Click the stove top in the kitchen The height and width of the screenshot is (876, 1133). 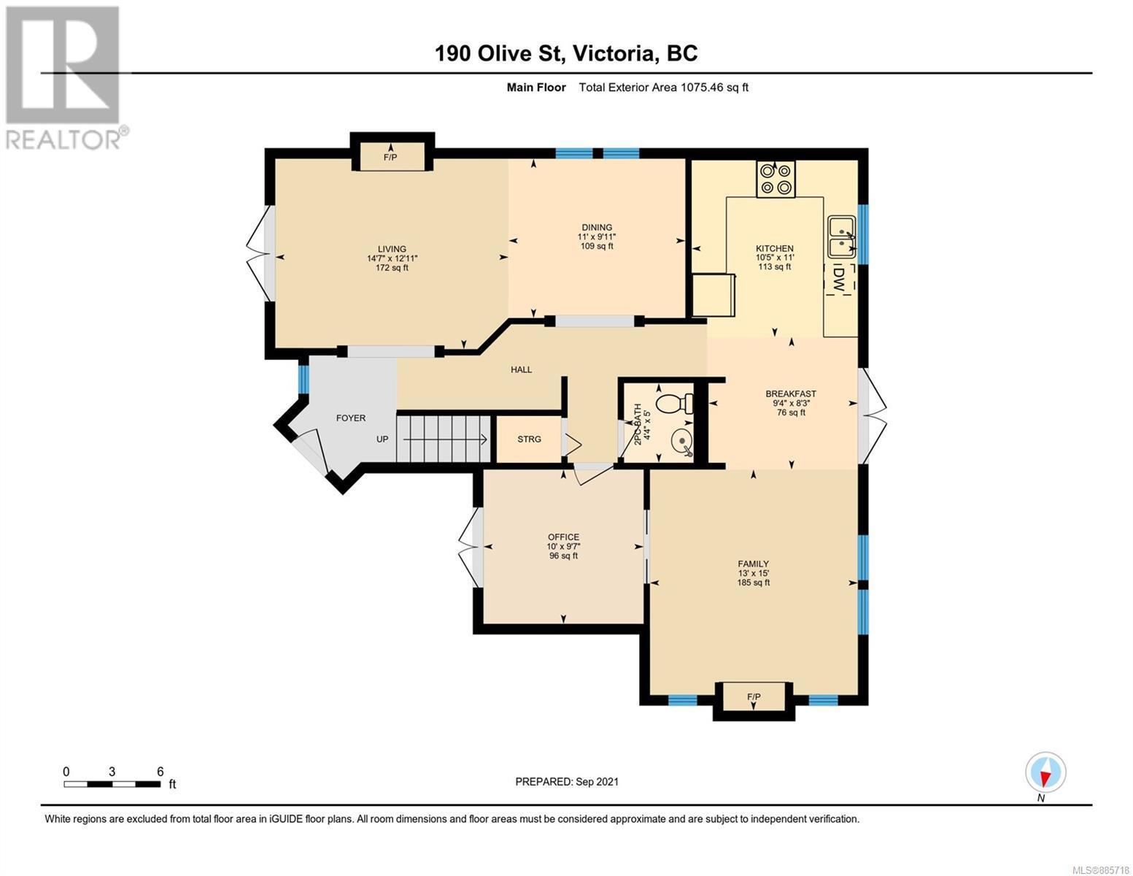[x=776, y=179]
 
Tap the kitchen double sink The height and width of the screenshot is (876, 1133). [x=842, y=237]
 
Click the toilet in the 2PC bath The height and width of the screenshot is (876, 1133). [x=675, y=403]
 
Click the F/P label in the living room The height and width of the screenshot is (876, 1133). [x=390, y=157]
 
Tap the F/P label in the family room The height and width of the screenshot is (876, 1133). [x=754, y=697]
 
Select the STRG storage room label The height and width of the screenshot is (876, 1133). [x=529, y=439]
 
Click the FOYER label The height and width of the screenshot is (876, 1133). [x=351, y=418]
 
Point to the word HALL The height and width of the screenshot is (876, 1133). [x=522, y=369]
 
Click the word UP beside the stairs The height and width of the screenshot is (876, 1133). [x=382, y=439]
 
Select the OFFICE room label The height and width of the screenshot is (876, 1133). [x=564, y=537]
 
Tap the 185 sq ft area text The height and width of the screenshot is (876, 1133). [x=754, y=583]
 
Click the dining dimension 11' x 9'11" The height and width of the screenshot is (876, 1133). [x=597, y=237]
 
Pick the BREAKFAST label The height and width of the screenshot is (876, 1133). [x=791, y=393]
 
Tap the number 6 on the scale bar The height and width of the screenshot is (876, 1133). [x=160, y=772]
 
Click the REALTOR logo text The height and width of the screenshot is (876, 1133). [x=63, y=139]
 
